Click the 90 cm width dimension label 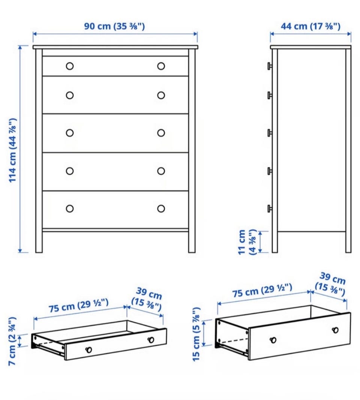(114, 26)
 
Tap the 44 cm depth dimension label (310, 26)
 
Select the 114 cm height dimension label (13, 150)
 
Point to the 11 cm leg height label (246, 242)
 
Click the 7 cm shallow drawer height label (12, 341)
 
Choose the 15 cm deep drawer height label (196, 334)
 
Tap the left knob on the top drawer (70, 66)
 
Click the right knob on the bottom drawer (161, 208)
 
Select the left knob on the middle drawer (70, 133)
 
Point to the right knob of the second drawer (161, 95)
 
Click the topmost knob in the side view (270, 66)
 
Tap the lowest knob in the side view (270, 208)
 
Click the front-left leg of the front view (39, 241)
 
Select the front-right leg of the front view (192, 241)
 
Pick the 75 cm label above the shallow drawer (79, 306)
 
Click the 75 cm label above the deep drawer (262, 290)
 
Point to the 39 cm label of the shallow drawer (147, 299)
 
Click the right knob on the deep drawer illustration (335, 330)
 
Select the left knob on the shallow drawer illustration (89, 349)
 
